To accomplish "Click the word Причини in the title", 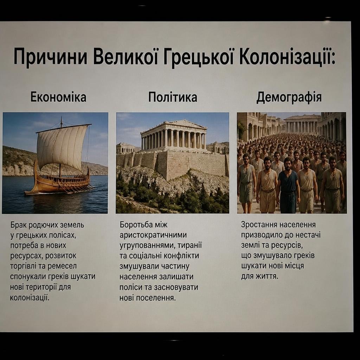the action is (51, 57).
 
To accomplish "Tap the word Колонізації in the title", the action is (287, 56).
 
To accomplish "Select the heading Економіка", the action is (58, 97).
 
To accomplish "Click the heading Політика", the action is (172, 97).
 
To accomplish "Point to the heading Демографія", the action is (289, 97).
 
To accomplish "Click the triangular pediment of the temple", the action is (174, 125).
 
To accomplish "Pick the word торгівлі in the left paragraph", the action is (23, 266).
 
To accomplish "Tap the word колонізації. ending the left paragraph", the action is (30, 298).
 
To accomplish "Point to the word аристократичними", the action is (153, 235).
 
